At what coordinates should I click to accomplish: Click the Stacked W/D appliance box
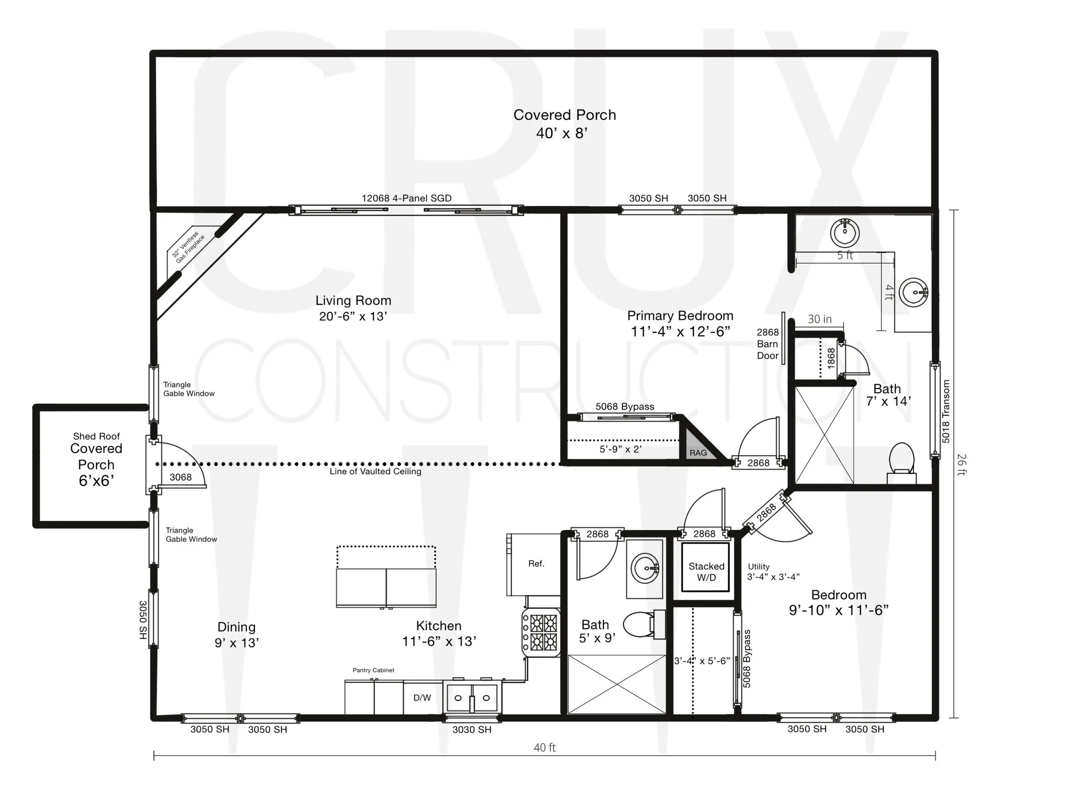coord(705,567)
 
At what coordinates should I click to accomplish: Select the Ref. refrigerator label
coord(536,564)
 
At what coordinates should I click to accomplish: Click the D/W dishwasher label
coord(422,698)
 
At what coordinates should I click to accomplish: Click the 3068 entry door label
coord(181,477)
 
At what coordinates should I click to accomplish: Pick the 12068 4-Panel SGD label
coord(406,198)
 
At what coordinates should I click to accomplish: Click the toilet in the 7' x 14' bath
coord(902,463)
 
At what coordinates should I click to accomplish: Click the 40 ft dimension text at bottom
coord(545,747)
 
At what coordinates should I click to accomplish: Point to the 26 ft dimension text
coord(962,464)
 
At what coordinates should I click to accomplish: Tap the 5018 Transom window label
coord(946,411)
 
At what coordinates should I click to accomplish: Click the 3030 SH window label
coord(472,729)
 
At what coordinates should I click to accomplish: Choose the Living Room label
coord(353,300)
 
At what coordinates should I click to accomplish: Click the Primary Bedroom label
coord(680,315)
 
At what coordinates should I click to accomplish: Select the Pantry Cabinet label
coord(374,670)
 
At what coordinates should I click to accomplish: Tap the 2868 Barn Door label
coord(768,344)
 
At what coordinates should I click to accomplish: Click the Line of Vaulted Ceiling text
coord(375,471)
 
